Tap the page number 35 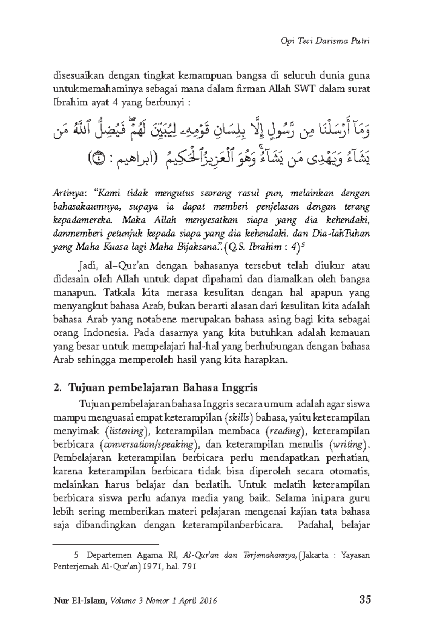tap(363, 600)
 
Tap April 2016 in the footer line tap(197, 601)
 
